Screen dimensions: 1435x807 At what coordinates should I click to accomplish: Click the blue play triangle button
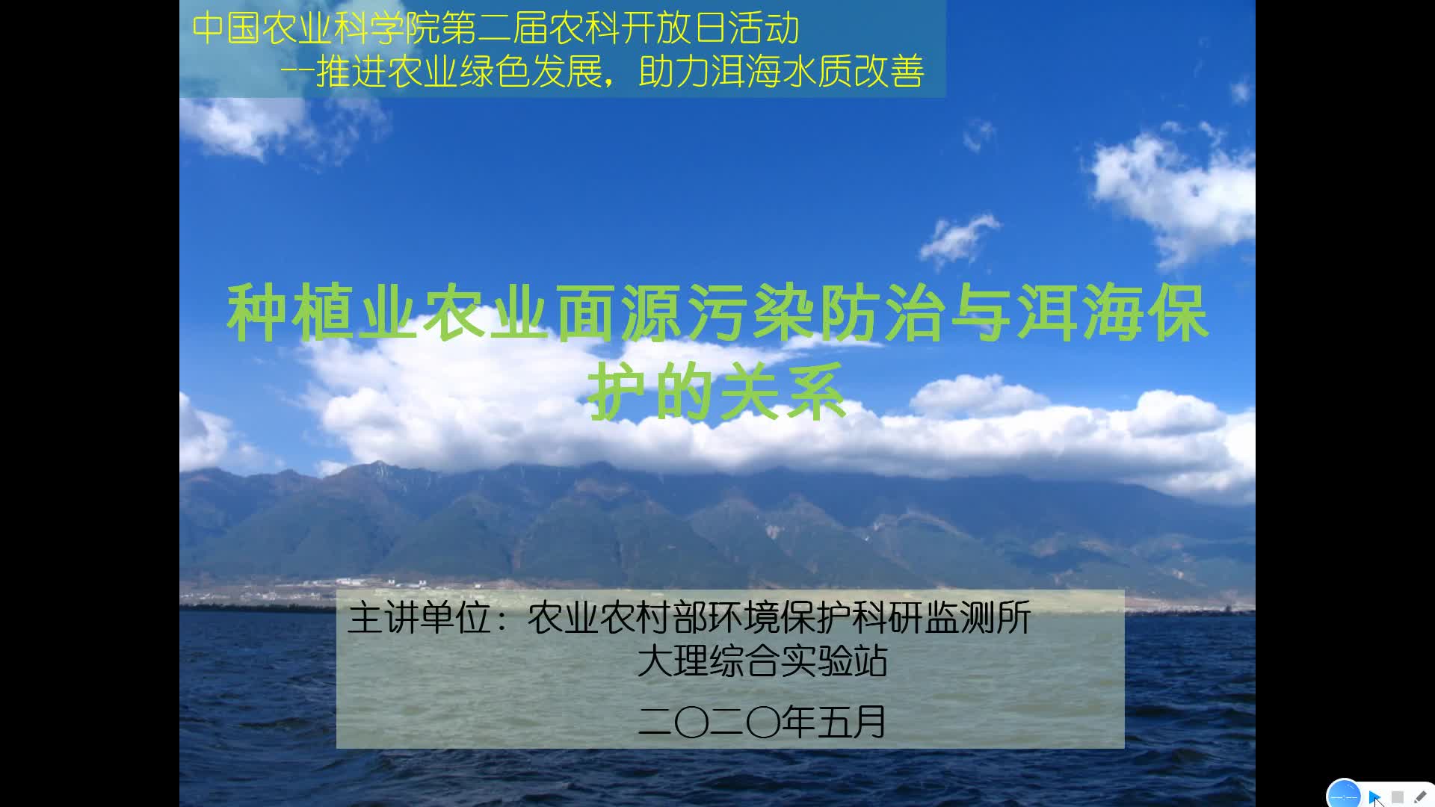click(1374, 797)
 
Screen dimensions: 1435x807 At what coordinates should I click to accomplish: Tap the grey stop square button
click(1398, 797)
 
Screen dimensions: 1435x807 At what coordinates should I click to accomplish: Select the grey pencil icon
click(1420, 797)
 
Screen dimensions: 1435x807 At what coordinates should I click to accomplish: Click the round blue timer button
click(1344, 795)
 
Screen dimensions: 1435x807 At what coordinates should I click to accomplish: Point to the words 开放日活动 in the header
click(710, 28)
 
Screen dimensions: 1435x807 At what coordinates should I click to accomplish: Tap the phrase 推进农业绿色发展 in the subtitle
click(459, 72)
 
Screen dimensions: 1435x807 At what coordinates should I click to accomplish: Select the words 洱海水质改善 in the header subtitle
click(818, 72)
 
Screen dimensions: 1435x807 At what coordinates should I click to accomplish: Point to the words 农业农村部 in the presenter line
click(617, 619)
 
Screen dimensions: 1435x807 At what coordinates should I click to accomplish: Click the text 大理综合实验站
click(762, 661)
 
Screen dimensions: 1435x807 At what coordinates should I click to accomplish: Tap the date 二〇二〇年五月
click(762, 722)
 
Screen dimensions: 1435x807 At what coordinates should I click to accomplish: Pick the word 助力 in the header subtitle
click(674, 72)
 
